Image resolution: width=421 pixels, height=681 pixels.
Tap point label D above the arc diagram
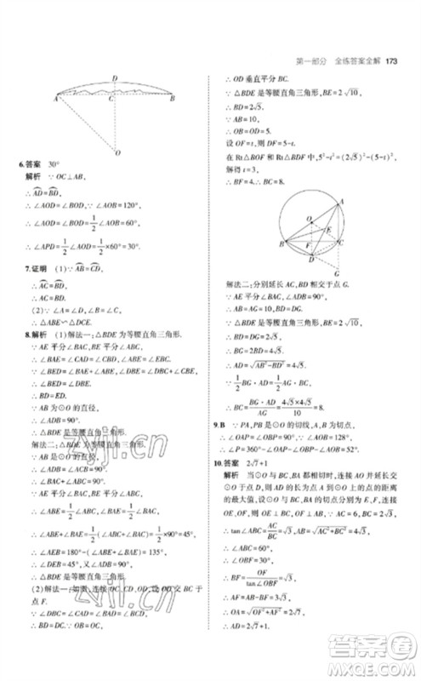tap(115, 77)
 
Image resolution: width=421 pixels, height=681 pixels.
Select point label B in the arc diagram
tap(173, 100)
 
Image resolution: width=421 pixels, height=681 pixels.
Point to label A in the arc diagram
tap(54, 100)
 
